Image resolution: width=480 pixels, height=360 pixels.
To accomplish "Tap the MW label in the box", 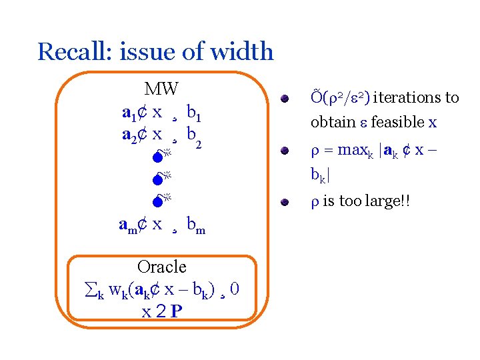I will click(x=161, y=89).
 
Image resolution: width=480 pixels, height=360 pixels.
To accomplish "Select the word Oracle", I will click(x=161, y=267).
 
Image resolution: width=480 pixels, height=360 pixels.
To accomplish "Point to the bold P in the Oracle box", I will click(x=177, y=311).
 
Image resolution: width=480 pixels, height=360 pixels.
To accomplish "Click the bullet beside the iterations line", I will click(x=284, y=99).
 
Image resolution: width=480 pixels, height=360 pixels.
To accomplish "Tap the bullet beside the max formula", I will click(x=284, y=151).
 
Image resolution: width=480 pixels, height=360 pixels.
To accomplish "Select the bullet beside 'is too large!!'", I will click(x=284, y=201).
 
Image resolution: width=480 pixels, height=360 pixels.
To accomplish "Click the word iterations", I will click(x=406, y=98).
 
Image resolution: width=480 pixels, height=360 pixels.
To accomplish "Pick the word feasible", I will click(x=397, y=122).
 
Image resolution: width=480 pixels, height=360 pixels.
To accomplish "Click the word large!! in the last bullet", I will click(x=391, y=201).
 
